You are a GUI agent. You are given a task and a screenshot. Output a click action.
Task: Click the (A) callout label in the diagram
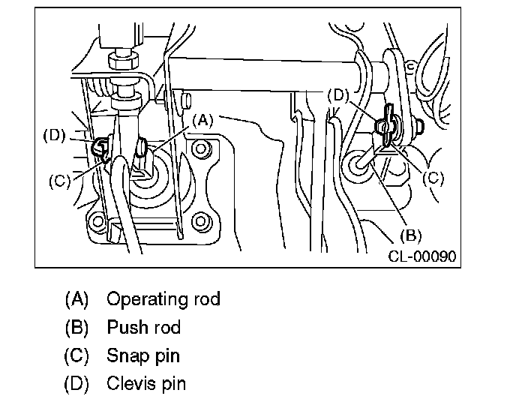(x=204, y=118)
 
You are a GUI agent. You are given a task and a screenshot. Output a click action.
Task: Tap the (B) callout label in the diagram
(x=410, y=235)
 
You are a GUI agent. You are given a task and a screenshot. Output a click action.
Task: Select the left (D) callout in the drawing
(x=55, y=136)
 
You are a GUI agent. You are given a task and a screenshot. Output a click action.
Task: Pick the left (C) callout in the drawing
(x=60, y=181)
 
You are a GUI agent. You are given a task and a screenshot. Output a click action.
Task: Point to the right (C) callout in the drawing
(x=433, y=178)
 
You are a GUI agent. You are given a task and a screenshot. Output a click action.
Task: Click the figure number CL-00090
(x=421, y=256)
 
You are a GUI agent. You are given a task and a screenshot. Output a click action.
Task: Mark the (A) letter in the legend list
(x=77, y=299)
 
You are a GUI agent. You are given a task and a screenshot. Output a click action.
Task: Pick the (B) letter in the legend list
(x=77, y=328)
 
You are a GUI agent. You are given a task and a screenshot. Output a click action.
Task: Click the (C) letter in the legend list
(x=77, y=356)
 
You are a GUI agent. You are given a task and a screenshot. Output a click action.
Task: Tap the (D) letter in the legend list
(x=77, y=384)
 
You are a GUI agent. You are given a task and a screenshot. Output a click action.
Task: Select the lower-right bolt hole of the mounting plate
(x=199, y=222)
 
